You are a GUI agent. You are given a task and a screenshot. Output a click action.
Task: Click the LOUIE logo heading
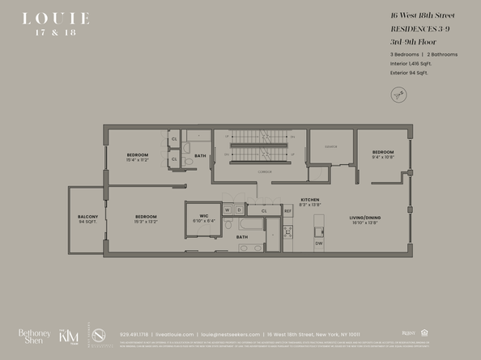coord(56,18)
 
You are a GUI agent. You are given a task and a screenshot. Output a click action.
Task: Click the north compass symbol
coord(398,95)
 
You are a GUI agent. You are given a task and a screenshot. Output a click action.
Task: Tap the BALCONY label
coord(87,217)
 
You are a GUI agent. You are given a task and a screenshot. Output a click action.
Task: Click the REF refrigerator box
coord(287,211)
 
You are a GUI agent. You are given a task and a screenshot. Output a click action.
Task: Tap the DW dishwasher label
coord(318,244)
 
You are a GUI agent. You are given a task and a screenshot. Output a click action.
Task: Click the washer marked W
coord(228,210)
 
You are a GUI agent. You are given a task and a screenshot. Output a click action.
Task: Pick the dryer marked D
coord(238,210)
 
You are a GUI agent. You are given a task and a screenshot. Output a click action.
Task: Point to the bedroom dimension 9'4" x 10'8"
coord(383,157)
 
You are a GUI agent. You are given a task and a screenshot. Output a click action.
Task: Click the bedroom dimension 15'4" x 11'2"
coord(137,160)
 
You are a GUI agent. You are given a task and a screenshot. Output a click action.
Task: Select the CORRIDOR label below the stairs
coord(263,172)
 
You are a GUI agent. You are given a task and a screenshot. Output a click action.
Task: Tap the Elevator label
coord(331,146)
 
